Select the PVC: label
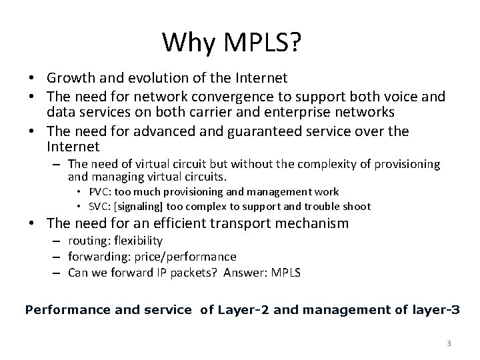coord(101,192)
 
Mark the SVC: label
coord(101,206)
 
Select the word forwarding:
coord(97,256)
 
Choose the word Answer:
coord(241,272)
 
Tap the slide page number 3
coord(449,343)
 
